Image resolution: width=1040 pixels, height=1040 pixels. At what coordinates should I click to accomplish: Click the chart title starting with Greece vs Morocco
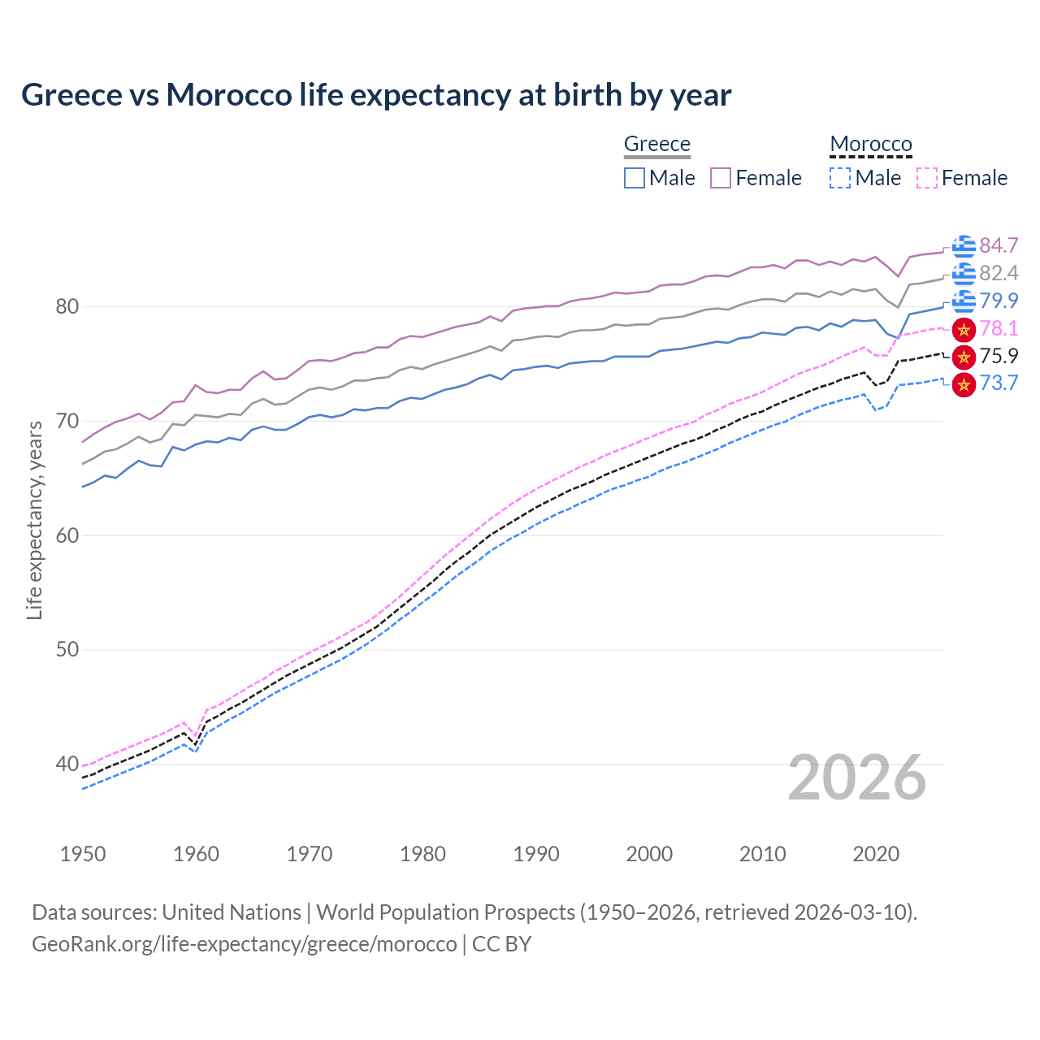coord(376,95)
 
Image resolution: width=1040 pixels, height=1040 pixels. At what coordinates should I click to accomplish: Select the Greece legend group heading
coord(656,144)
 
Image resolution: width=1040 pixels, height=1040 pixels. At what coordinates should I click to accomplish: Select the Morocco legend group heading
coord(870,144)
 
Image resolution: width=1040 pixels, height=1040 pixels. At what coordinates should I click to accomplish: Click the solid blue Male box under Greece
coord(635,178)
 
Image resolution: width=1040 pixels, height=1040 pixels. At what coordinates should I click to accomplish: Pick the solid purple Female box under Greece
coord(721,178)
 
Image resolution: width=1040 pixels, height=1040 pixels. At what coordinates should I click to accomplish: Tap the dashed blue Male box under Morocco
coord(840,178)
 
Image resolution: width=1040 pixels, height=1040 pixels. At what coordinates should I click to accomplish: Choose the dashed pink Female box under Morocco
coord(926,178)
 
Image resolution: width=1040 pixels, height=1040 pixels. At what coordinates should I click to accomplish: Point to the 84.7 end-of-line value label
coord(999,245)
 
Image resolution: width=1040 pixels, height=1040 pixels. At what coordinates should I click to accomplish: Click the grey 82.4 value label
coord(999,273)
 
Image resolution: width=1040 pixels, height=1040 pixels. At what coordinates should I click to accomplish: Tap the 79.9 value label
coord(999,301)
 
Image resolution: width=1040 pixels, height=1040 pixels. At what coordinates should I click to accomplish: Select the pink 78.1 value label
coord(999,328)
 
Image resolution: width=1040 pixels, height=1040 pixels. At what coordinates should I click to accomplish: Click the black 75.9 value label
coord(999,356)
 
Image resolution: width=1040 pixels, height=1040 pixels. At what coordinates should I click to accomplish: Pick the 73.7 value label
coord(999,383)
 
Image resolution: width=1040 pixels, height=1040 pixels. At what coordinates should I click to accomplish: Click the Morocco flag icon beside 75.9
coord(964,357)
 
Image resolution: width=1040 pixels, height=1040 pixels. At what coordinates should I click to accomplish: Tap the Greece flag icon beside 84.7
coord(964,245)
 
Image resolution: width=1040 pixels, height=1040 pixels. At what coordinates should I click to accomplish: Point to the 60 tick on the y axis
coord(67,535)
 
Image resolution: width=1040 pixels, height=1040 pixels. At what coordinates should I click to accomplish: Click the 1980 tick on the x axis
coord(422,854)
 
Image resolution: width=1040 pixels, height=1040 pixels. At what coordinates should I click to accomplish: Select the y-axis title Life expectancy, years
coord(35,520)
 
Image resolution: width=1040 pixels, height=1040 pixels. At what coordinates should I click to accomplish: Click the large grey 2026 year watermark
coord(856,778)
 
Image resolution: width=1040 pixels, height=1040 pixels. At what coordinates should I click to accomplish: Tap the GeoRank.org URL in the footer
coord(244,944)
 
